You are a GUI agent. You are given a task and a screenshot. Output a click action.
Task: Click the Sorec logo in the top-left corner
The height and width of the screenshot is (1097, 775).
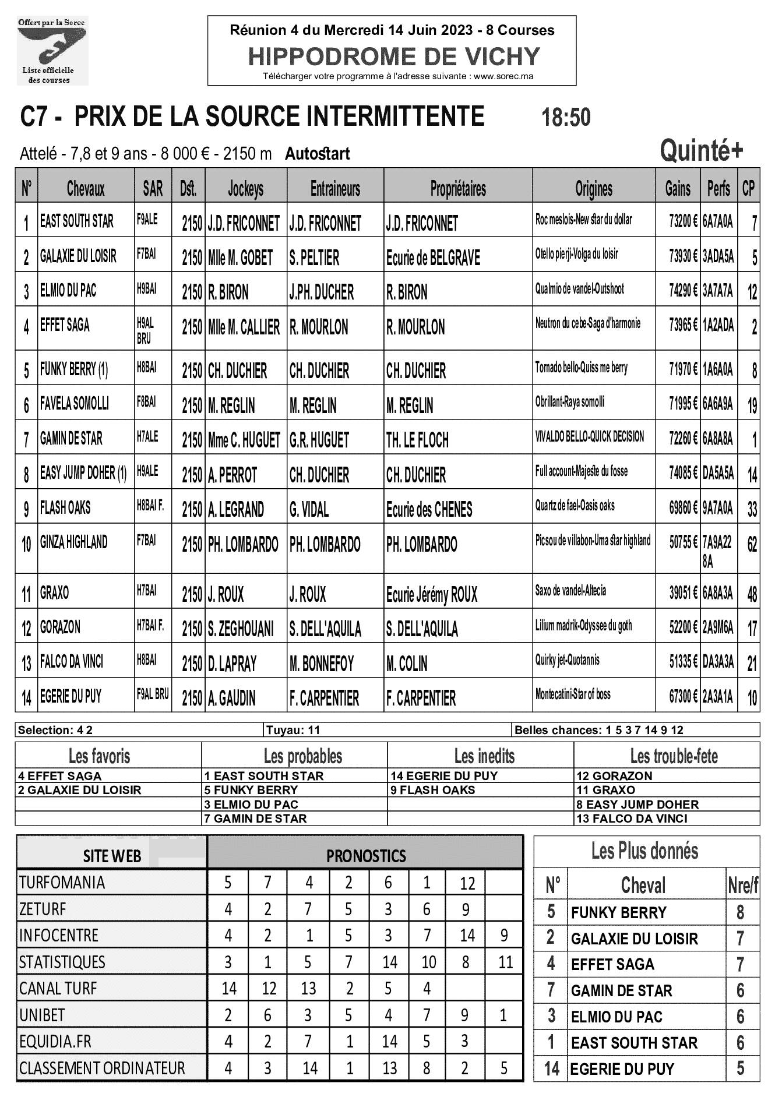(52, 51)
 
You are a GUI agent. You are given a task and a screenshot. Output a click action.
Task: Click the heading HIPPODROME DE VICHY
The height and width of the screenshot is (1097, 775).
(394, 57)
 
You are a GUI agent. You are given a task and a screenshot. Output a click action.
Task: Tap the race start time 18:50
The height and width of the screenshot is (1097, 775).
(566, 118)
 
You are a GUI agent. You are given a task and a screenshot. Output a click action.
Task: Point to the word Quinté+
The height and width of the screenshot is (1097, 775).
(701, 151)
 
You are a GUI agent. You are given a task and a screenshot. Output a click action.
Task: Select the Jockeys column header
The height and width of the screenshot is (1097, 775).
(245, 188)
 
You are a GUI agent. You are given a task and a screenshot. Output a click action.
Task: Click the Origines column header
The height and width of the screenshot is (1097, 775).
(594, 188)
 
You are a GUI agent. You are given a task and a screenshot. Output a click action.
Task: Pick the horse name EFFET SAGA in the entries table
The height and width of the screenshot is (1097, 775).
(65, 325)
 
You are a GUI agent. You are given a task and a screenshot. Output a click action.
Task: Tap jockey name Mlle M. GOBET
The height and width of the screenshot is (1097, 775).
(241, 258)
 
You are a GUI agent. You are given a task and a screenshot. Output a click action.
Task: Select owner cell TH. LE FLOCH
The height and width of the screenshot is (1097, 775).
(417, 440)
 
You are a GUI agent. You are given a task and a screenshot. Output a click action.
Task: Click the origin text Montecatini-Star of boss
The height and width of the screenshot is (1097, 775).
(573, 694)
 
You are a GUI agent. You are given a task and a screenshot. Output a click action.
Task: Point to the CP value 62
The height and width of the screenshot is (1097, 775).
(752, 545)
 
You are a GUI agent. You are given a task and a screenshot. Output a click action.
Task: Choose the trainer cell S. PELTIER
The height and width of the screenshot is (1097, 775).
(314, 258)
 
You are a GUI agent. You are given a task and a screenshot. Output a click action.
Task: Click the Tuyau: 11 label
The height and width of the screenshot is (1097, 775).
(293, 730)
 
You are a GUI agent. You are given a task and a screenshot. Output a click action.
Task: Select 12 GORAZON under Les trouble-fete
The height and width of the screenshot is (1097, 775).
(614, 776)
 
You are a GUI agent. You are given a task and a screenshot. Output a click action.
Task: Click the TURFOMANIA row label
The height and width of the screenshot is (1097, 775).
(62, 883)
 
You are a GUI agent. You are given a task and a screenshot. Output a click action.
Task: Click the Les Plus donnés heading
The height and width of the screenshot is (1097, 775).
(644, 851)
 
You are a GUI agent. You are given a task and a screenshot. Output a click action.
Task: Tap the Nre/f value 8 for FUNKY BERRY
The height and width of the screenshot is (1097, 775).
(740, 912)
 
